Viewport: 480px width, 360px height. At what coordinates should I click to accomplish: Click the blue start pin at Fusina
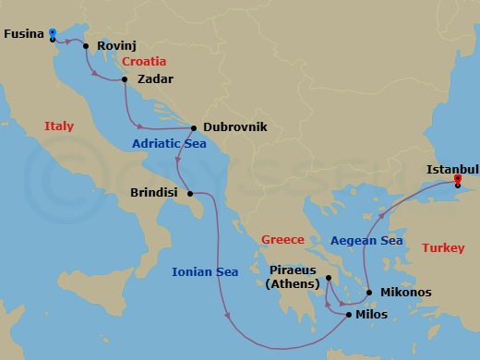pyautogui.click(x=53, y=34)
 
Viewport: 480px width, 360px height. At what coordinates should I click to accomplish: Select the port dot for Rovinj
pyautogui.click(x=86, y=45)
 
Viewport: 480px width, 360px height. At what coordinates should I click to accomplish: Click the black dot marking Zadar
pyautogui.click(x=125, y=79)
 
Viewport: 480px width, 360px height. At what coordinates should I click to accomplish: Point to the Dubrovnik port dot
pyautogui.click(x=194, y=128)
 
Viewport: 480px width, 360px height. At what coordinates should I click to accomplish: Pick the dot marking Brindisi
pyautogui.click(x=189, y=194)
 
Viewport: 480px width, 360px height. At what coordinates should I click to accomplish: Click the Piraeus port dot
pyautogui.click(x=328, y=276)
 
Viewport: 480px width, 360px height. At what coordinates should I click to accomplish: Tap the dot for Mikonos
pyautogui.click(x=370, y=293)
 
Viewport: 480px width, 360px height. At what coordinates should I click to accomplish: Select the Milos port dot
pyautogui.click(x=348, y=315)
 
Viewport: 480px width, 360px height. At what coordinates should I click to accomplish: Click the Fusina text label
pyautogui.click(x=24, y=33)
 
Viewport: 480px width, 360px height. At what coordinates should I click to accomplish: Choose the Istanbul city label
pyautogui.click(x=453, y=169)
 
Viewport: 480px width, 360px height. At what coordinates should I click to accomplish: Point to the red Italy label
pyautogui.click(x=58, y=126)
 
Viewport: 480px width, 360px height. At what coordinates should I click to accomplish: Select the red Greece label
pyautogui.click(x=282, y=239)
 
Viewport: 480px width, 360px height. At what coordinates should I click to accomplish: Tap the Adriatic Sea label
pyautogui.click(x=167, y=143)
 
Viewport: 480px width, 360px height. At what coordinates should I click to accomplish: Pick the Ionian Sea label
pyautogui.click(x=205, y=271)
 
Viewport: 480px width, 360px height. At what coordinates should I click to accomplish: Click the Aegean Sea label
pyautogui.click(x=366, y=240)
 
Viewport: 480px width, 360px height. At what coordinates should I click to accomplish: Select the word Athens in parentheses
pyautogui.click(x=292, y=284)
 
